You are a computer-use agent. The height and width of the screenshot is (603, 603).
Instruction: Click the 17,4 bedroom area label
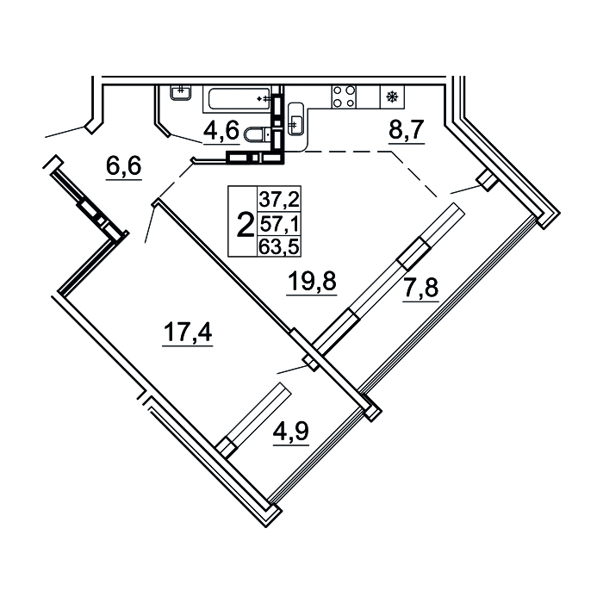coord(188,332)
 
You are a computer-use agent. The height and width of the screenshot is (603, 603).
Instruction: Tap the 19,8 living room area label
coord(312,281)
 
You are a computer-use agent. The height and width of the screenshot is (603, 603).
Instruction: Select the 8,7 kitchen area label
coord(406,129)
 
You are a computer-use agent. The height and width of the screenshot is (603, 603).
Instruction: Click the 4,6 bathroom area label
coord(221,130)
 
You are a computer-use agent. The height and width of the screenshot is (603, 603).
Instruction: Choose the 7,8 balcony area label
coord(420,288)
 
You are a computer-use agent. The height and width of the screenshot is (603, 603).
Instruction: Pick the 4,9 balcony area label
coord(291,432)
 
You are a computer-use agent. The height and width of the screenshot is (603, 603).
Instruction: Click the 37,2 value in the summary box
coord(279,199)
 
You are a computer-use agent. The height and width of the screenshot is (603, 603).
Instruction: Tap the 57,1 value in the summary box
coord(279,223)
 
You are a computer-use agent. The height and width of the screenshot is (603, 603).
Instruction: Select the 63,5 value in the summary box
coord(279,246)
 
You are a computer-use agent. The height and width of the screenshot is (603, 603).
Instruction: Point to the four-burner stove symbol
coord(344,96)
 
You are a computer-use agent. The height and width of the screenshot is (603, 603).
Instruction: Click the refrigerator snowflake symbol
coord(392,96)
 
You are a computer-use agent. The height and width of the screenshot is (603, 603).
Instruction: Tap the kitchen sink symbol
coord(295,119)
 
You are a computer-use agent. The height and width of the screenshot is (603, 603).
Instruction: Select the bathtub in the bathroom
coord(239,99)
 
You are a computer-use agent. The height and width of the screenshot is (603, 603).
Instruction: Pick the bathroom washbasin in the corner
coord(181,92)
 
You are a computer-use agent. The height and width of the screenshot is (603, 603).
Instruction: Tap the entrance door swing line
coord(65,132)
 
